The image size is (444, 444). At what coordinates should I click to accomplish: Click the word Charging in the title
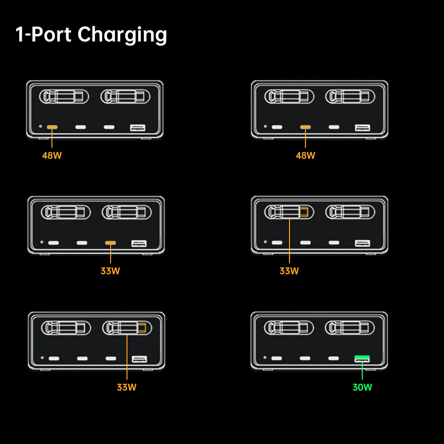pyautogui.click(x=122, y=35)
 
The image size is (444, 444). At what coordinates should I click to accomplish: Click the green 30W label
pyautogui.click(x=362, y=387)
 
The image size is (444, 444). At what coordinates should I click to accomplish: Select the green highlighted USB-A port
pyautogui.click(x=362, y=357)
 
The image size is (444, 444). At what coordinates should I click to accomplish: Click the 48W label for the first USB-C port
pyautogui.click(x=52, y=155)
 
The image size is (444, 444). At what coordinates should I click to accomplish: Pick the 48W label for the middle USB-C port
pyautogui.click(x=305, y=155)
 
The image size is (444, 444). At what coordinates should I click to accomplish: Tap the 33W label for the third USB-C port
pyautogui.click(x=110, y=271)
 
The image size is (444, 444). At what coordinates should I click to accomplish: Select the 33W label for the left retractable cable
pyautogui.click(x=289, y=271)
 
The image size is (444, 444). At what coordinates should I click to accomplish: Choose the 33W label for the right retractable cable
pyautogui.click(x=127, y=387)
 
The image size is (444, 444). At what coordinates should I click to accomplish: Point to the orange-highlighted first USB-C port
pyautogui.click(x=52, y=127)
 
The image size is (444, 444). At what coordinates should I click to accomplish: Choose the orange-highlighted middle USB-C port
pyautogui.click(x=305, y=127)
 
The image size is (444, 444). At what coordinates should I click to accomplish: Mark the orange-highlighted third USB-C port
pyautogui.click(x=110, y=243)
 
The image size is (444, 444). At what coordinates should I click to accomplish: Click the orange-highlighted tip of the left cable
pyautogui.click(x=304, y=212)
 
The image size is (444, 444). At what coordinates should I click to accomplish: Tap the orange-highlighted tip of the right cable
pyautogui.click(x=142, y=329)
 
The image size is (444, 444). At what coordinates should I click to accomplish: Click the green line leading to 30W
pyautogui.click(x=362, y=371)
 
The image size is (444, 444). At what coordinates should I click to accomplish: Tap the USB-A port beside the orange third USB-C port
pyautogui.click(x=139, y=243)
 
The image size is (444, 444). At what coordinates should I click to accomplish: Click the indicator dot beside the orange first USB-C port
pyautogui.click(x=40, y=127)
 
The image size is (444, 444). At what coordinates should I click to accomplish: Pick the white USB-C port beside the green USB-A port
pyautogui.click(x=333, y=358)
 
